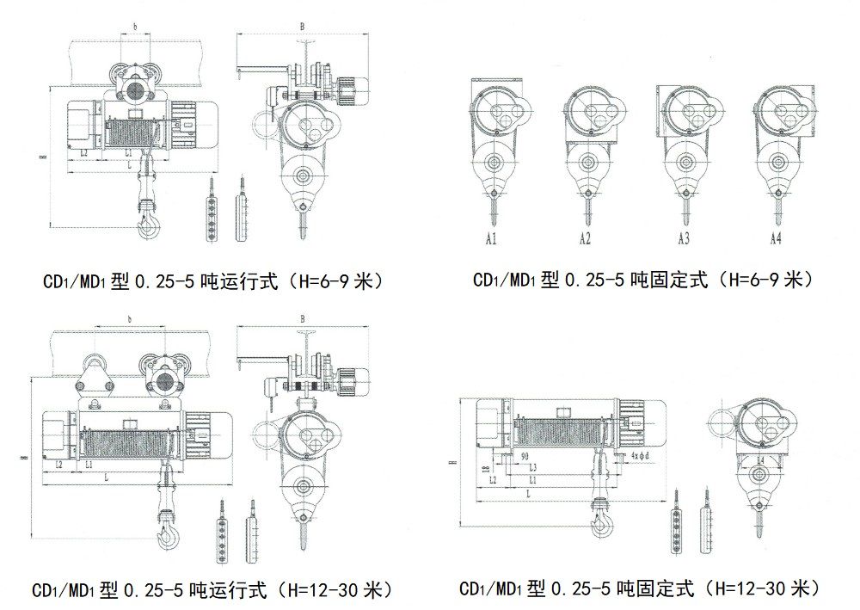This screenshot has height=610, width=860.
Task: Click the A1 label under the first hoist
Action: click(x=491, y=239)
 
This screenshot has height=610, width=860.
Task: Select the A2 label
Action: click(x=585, y=239)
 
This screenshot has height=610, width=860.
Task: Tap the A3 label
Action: click(x=684, y=239)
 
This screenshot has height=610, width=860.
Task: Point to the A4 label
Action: click(x=776, y=239)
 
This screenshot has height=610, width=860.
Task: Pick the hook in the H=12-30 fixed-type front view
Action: click(x=599, y=521)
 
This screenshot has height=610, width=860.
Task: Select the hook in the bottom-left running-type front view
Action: click(x=166, y=537)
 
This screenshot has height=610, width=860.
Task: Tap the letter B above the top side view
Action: click(x=302, y=27)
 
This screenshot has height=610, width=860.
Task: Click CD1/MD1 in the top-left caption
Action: click(x=71, y=281)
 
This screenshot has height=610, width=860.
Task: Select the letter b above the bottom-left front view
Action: click(x=129, y=320)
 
